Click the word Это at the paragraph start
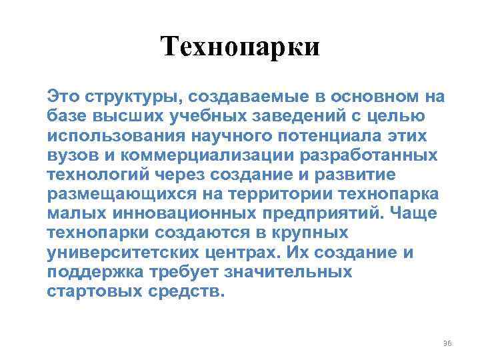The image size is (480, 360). (x=62, y=97)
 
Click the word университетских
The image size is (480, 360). (x=113, y=253)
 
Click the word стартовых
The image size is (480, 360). (x=99, y=292)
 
